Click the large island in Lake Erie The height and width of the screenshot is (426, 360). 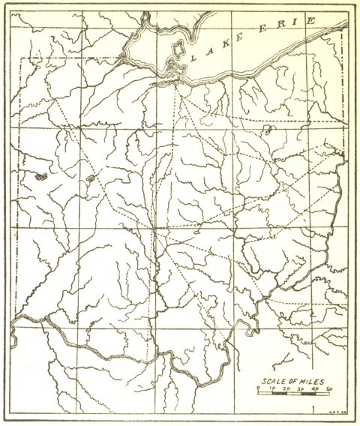178,52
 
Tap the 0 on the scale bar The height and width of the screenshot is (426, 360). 258,388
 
